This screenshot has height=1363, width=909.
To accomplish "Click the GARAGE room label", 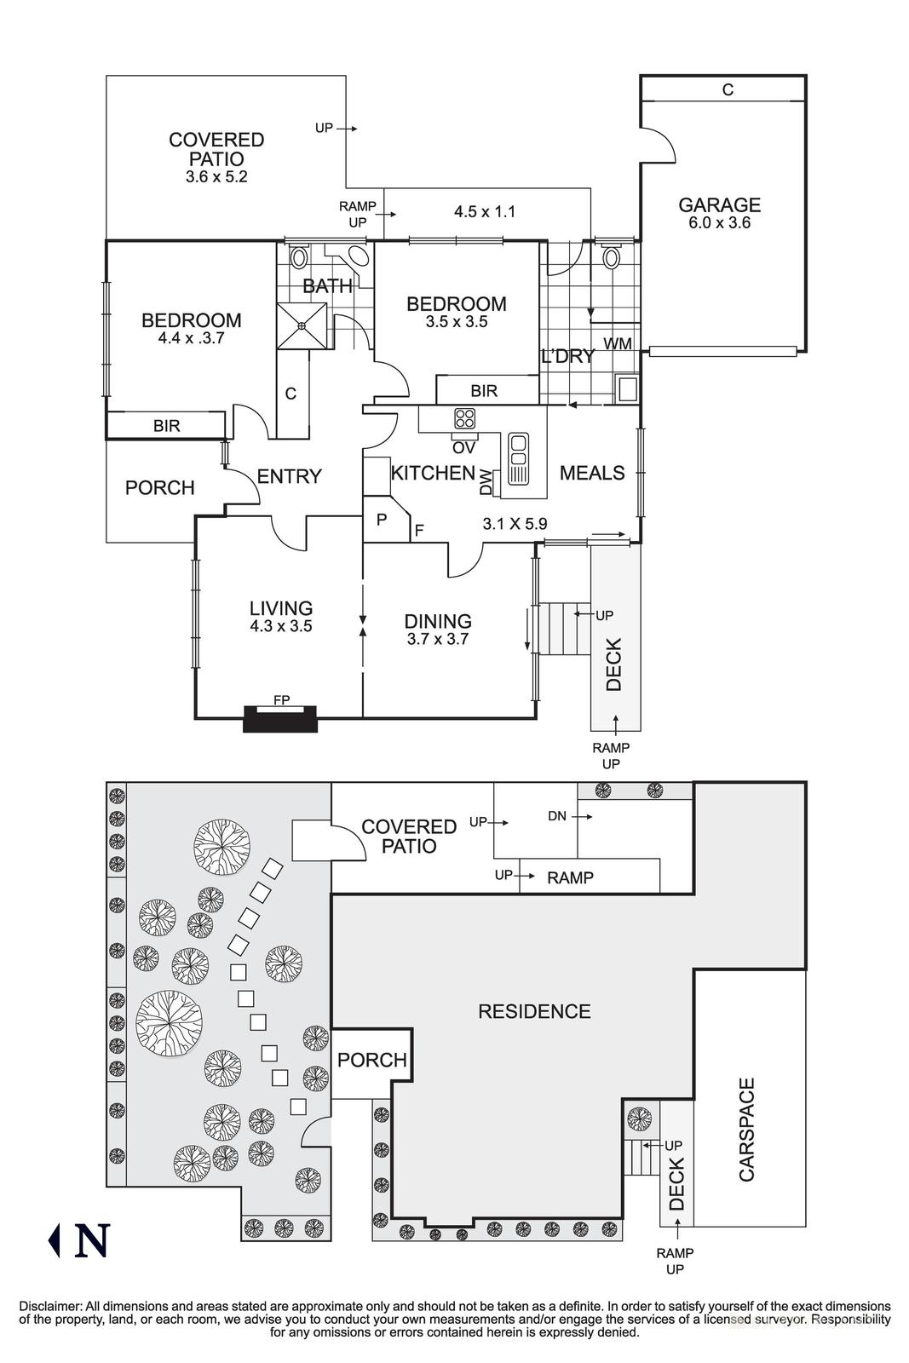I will [719, 204].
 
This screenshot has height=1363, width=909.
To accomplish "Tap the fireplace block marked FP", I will [280, 717].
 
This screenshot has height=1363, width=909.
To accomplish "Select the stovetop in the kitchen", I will [464, 417].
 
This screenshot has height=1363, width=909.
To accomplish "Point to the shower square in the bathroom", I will [302, 325].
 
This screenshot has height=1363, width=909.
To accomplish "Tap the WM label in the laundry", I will [617, 343].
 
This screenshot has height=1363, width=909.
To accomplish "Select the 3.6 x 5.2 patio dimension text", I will [216, 177].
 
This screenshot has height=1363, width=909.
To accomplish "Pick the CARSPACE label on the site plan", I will [746, 1130].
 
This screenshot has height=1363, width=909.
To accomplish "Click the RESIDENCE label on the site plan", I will [534, 1011].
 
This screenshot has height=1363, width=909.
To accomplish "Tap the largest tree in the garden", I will [169, 1024].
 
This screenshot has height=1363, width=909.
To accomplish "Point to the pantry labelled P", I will [382, 519].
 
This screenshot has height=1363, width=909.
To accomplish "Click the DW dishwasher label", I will [486, 483].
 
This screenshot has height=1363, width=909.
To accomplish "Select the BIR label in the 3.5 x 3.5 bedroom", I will [484, 391].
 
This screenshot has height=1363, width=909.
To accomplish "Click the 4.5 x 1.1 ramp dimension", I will [485, 211].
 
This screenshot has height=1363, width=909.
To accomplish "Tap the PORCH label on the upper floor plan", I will [160, 487].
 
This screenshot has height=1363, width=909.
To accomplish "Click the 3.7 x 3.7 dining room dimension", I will [437, 639].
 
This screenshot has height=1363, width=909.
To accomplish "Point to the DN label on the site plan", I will [557, 816].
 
